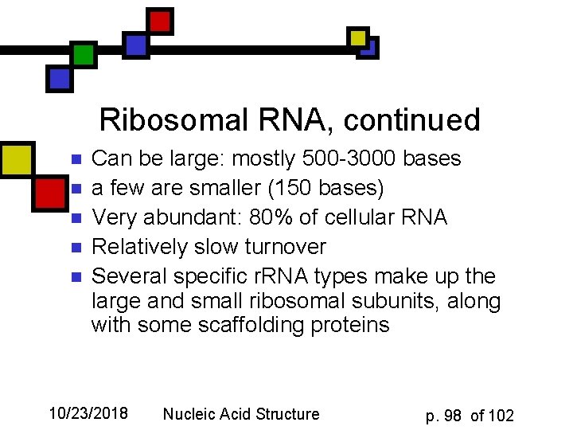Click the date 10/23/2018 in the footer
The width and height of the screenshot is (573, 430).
[88, 413]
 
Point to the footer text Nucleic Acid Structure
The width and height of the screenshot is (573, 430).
[241, 413]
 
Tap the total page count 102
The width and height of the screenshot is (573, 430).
[501, 416]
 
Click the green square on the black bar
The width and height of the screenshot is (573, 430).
[83, 54]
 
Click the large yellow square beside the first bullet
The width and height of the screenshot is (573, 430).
[15, 158]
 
